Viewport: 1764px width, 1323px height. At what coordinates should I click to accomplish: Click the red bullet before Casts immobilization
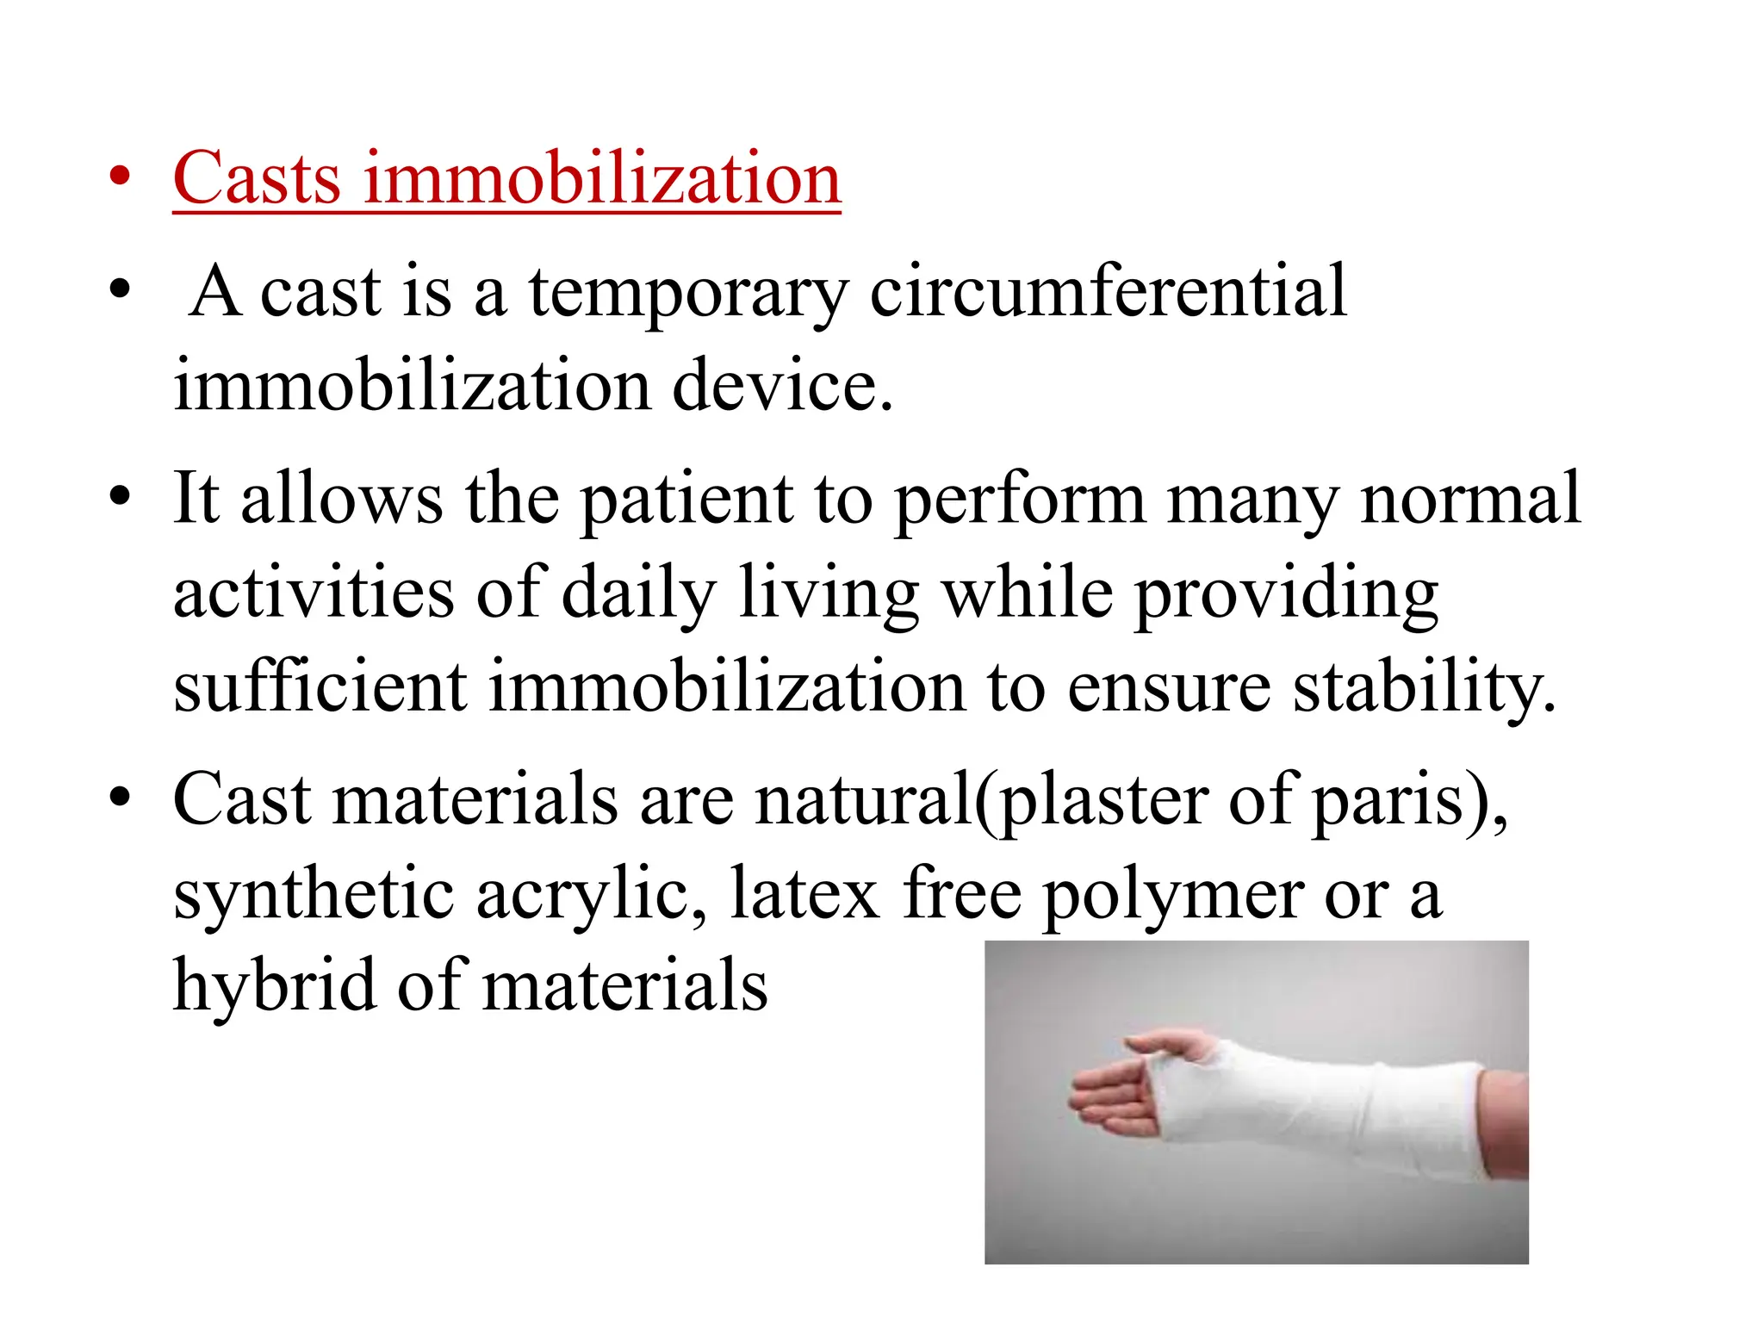[x=120, y=178]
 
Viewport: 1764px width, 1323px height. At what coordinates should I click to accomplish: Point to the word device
[x=782, y=386]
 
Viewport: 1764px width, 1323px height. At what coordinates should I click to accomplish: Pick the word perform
[x=1020, y=500]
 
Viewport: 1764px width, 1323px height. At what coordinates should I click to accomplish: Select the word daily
[x=638, y=594]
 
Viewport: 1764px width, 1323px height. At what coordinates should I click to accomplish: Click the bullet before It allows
[x=120, y=498]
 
